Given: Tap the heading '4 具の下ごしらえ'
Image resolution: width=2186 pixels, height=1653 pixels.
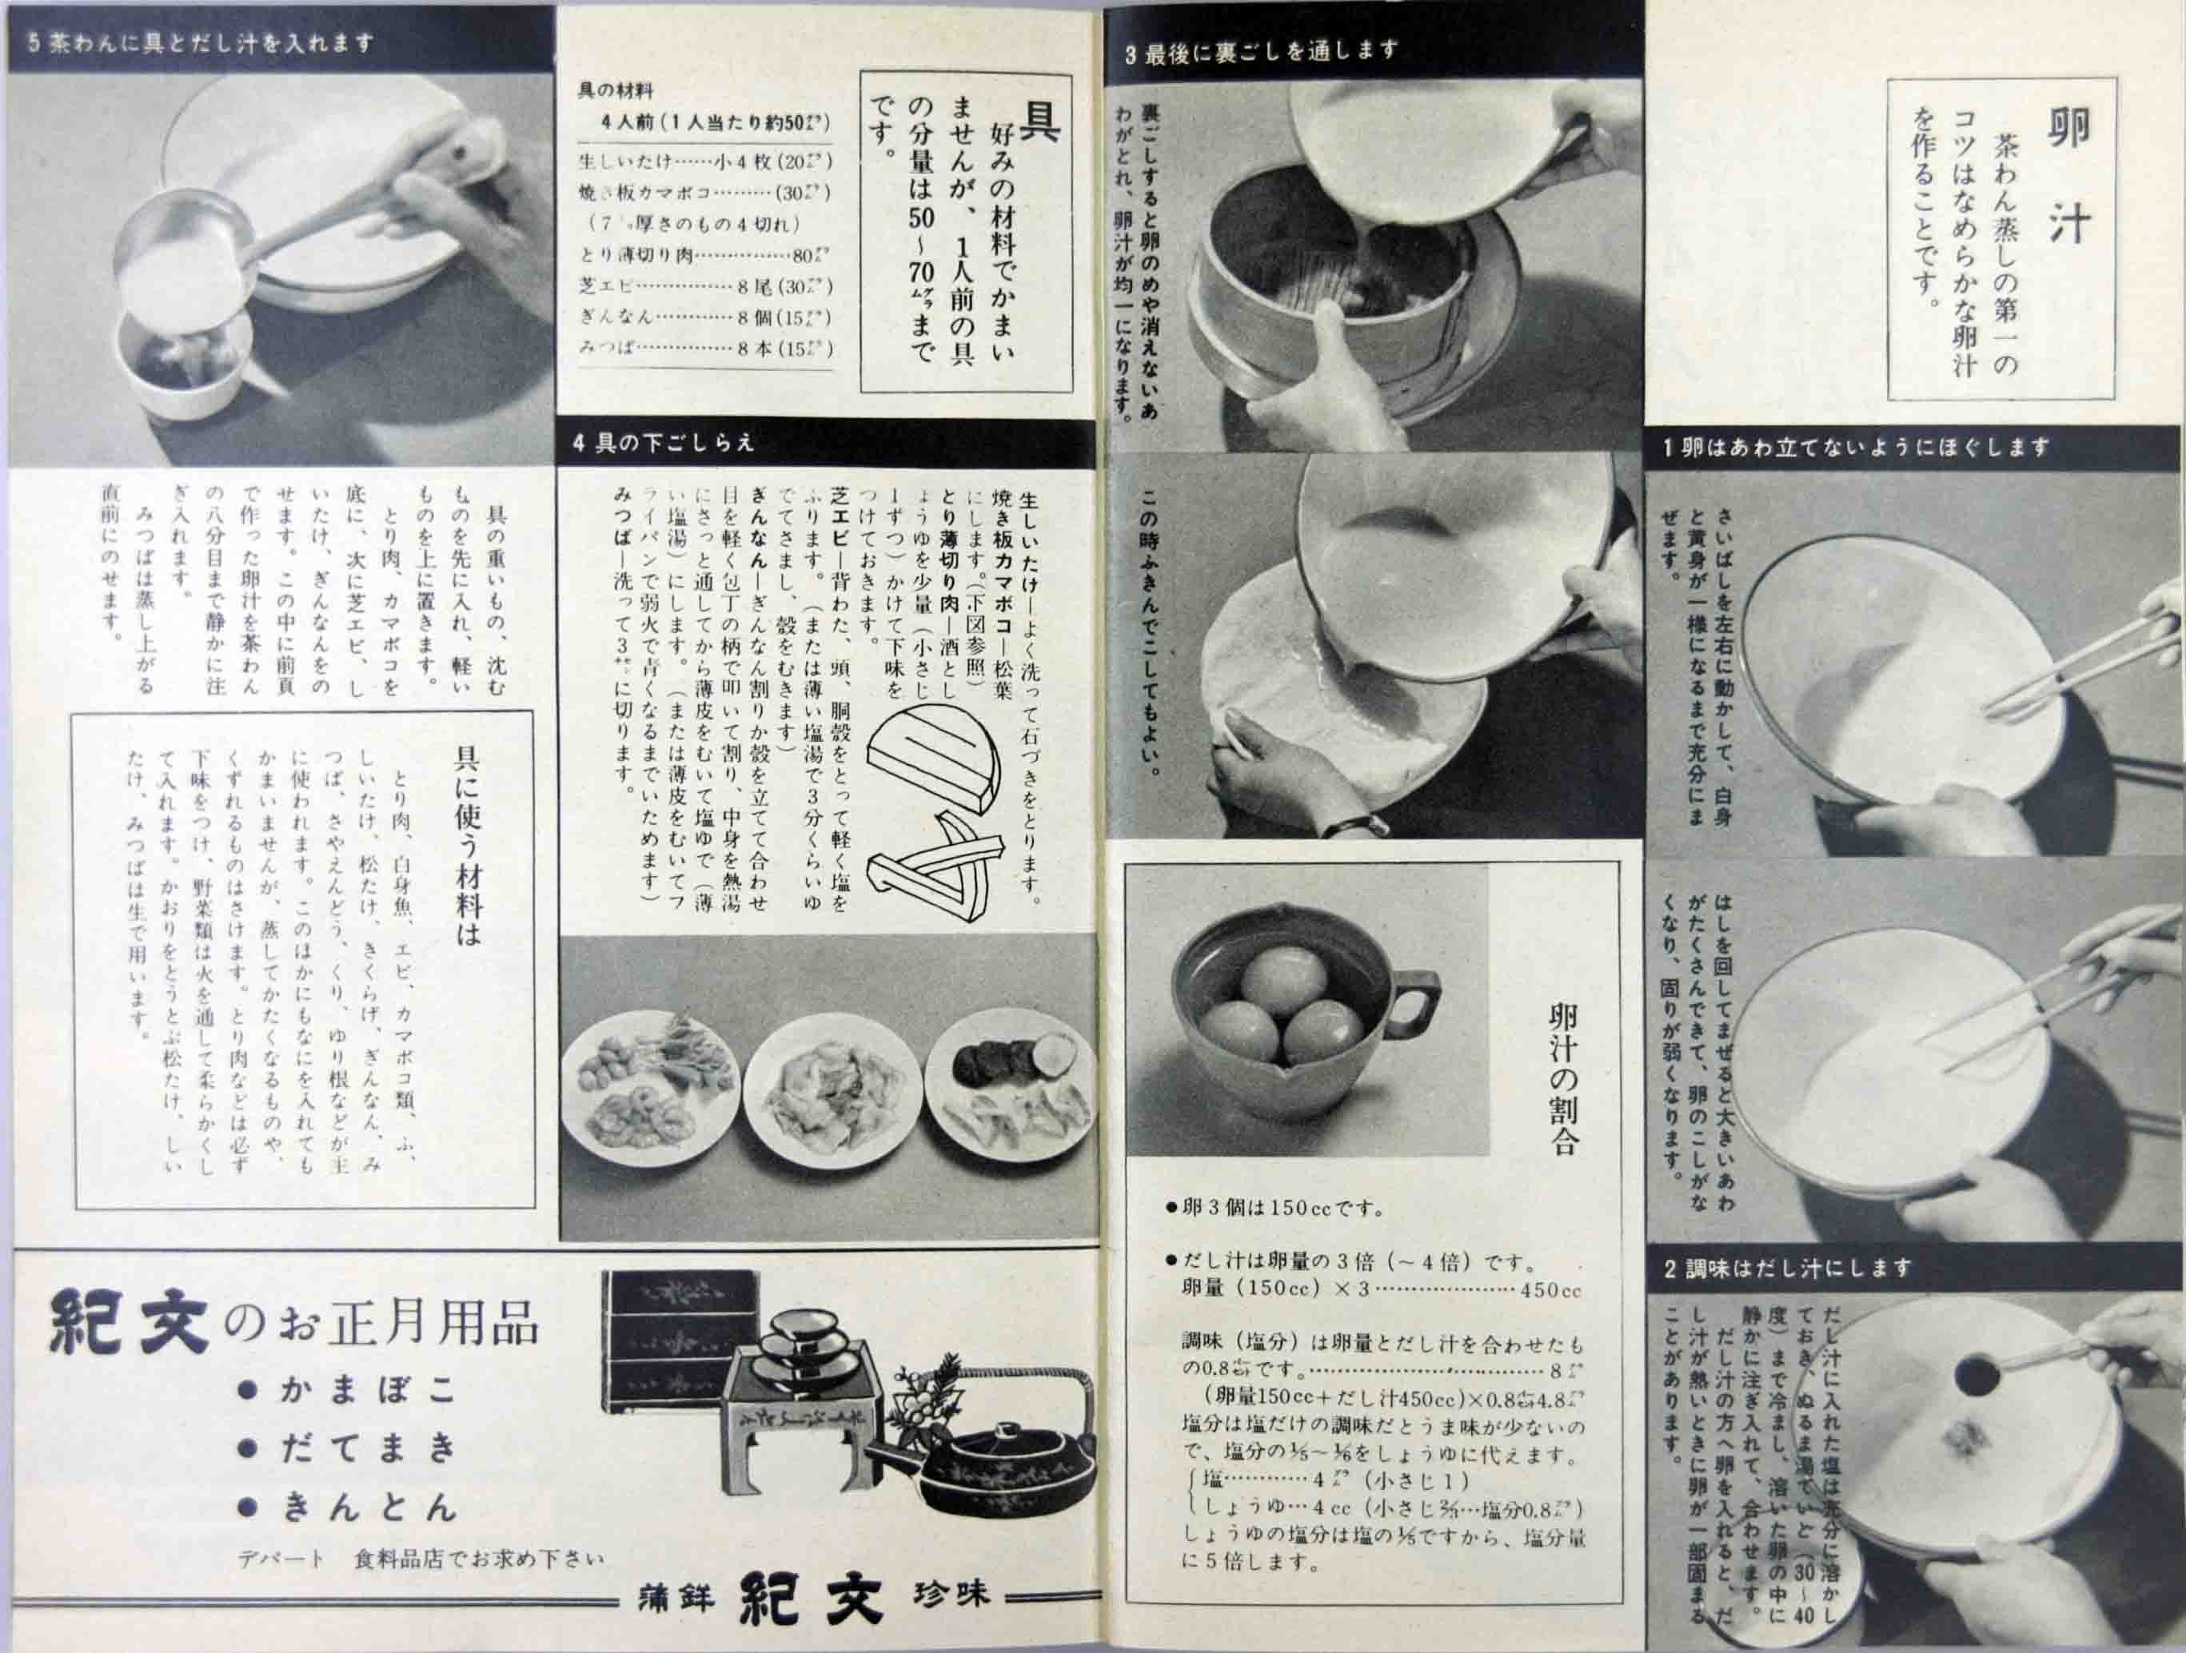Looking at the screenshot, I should click(664, 443).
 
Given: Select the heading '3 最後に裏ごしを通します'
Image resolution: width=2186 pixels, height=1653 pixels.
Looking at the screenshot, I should click(1262, 51).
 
